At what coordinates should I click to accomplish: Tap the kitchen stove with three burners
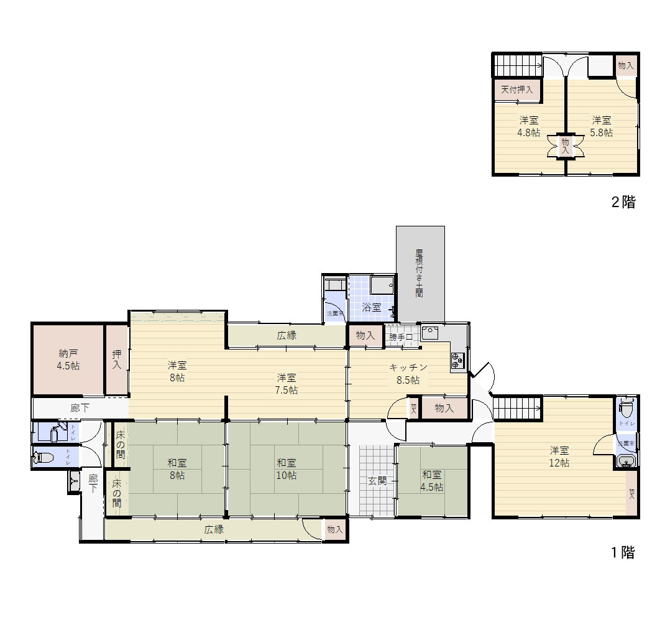pyautogui.click(x=457, y=358)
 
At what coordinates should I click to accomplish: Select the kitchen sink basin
pyautogui.click(x=429, y=332)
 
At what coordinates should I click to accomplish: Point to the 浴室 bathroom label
pyautogui.click(x=371, y=306)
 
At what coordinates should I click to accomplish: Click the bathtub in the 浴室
pyautogui.click(x=381, y=285)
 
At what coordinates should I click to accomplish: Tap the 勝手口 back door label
pyautogui.click(x=401, y=336)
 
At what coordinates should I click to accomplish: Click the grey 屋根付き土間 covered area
pyautogui.click(x=420, y=273)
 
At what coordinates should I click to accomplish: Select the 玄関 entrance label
pyautogui.click(x=377, y=480)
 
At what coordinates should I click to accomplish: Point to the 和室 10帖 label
pyautogui.click(x=287, y=468)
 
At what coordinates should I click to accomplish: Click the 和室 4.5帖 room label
pyautogui.click(x=432, y=480)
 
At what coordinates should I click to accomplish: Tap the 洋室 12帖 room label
pyautogui.click(x=559, y=456)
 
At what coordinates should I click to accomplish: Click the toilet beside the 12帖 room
pyautogui.click(x=627, y=409)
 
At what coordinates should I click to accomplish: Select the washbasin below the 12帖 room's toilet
pyautogui.click(x=626, y=461)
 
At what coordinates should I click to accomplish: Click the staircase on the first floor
pyautogui.click(x=518, y=409)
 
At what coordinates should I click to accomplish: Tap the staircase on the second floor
pyautogui.click(x=518, y=65)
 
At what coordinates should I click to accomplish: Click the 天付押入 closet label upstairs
pyautogui.click(x=517, y=89)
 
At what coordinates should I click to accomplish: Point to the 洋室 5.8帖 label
pyautogui.click(x=601, y=126)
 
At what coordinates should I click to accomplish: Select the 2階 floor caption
pyautogui.click(x=623, y=202)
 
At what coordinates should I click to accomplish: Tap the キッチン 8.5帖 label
pyautogui.click(x=404, y=373)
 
